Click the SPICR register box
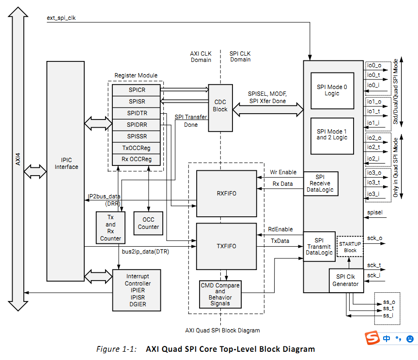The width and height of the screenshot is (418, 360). tap(137, 90)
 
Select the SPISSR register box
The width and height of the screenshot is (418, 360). tap(137, 136)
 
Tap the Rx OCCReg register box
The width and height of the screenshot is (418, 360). tap(137, 159)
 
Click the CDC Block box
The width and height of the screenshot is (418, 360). tap(220, 106)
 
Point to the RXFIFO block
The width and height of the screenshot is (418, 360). tap(226, 194)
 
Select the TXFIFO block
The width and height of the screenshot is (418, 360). tap(226, 246)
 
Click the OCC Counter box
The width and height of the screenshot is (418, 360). tap(148, 223)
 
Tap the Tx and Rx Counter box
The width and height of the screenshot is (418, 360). tap(110, 227)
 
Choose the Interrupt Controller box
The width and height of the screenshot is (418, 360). tap(138, 290)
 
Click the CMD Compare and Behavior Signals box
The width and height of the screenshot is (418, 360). tap(220, 294)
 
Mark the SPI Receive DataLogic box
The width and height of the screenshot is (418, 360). tap(320, 184)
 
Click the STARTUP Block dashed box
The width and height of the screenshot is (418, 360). tap(350, 247)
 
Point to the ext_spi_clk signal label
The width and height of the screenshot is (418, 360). tap(61, 18)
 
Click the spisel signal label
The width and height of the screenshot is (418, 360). tap(375, 212)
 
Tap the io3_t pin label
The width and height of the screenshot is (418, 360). tap(373, 182)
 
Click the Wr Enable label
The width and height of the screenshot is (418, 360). tap(283, 172)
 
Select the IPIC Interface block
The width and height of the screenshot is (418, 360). tap(66, 164)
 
